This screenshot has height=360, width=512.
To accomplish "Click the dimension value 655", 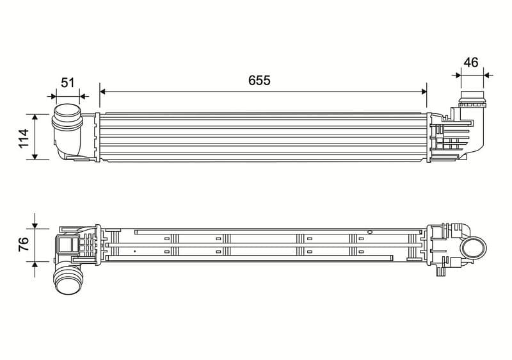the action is [259, 80].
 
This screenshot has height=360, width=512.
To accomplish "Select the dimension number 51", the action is [68, 83].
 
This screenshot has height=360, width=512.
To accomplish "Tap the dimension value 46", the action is [471, 62].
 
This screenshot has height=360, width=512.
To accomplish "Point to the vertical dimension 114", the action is [24, 138].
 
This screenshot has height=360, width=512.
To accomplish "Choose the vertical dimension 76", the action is [24, 244].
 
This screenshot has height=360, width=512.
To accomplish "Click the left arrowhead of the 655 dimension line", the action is [102, 92].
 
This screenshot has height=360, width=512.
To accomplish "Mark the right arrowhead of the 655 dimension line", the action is [424, 92].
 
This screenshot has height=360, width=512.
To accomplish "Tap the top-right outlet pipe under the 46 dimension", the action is [472, 99].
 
